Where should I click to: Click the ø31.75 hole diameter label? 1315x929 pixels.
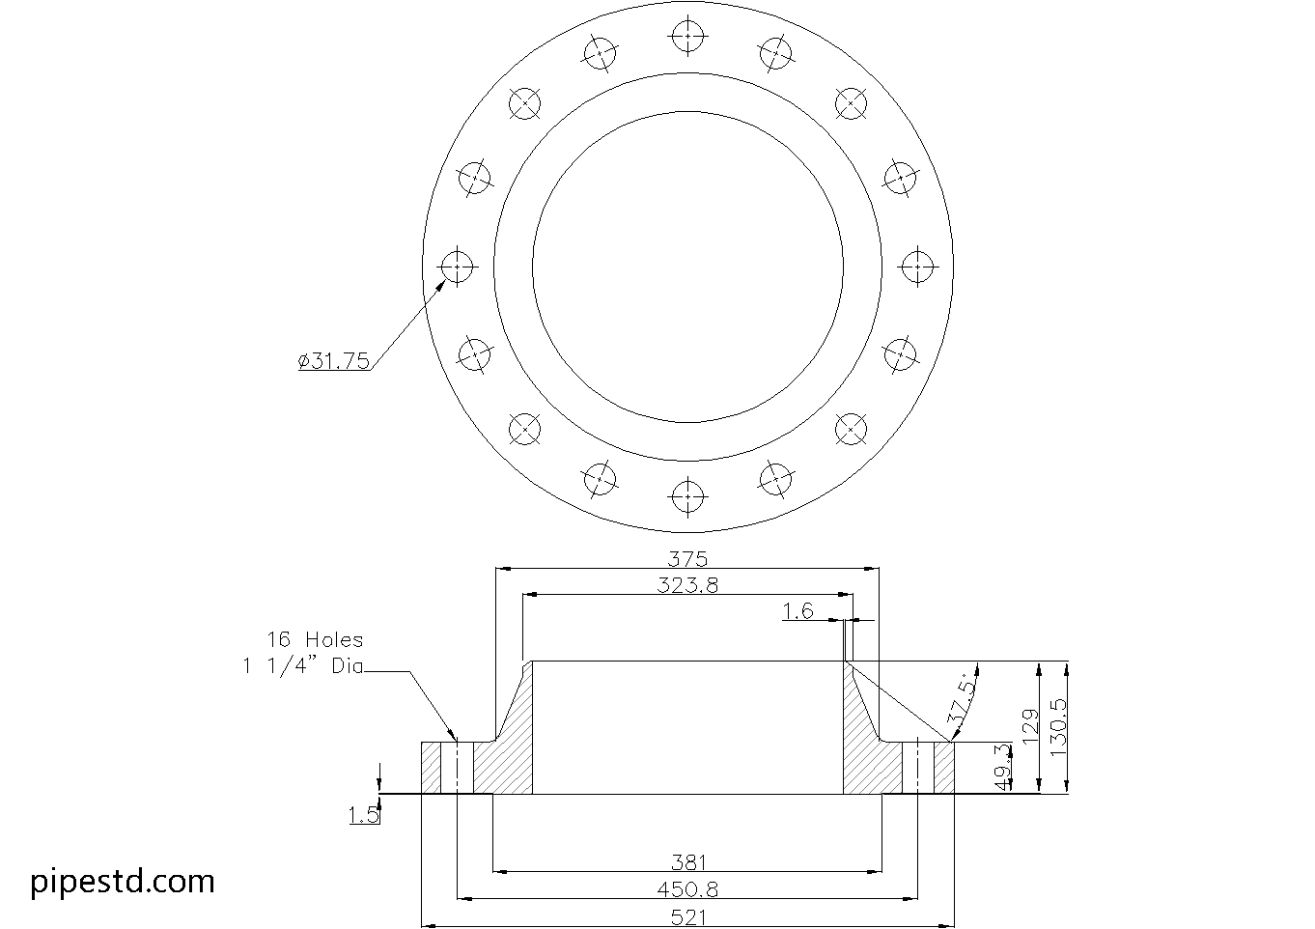[334, 361]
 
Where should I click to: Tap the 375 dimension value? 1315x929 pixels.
[687, 558]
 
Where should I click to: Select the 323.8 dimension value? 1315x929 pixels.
[687, 584]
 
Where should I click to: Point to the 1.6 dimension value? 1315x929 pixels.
[797, 610]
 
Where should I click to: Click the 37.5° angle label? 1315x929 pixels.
[962, 698]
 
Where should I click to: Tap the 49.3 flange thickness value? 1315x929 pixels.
[1002, 767]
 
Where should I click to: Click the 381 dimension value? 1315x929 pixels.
[688, 862]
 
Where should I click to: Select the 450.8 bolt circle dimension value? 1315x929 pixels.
[687, 889]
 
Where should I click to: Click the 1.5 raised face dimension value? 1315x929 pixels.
[363, 816]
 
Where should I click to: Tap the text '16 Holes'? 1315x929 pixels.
[315, 639]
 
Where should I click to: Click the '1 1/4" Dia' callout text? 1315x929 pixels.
[303, 665]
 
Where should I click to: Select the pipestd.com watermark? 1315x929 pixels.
[123, 881]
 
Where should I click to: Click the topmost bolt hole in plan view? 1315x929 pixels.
[687, 36]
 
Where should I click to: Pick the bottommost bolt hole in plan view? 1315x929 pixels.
[687, 495]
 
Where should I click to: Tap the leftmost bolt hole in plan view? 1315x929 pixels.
[457, 266]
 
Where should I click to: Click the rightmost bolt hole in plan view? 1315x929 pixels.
[917, 266]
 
